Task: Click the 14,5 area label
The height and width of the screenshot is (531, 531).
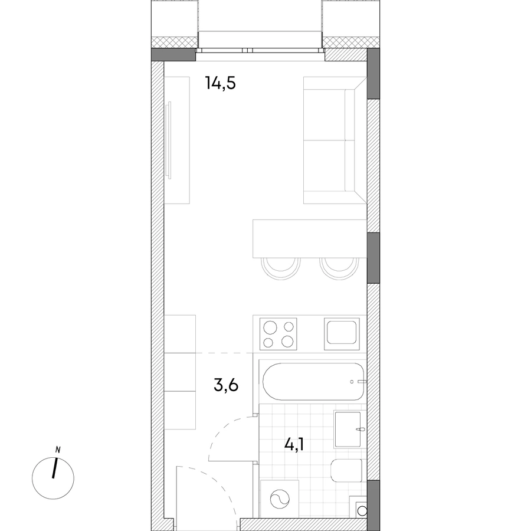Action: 221,83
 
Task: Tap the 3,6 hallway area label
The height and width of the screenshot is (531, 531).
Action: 226,385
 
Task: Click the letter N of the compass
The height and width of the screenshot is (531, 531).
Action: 58,450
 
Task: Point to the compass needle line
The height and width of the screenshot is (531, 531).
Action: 54,468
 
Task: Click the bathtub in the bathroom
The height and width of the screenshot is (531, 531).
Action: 314,382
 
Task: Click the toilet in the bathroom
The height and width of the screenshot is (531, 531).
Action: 346,470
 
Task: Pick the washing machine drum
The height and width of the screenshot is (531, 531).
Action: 280,499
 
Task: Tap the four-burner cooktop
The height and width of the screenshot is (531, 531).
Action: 278,334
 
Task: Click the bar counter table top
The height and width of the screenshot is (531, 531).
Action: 310,238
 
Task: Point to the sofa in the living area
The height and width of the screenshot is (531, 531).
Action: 335,140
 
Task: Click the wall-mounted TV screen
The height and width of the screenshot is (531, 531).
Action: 169,140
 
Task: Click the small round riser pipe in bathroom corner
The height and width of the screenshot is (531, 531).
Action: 362,510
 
